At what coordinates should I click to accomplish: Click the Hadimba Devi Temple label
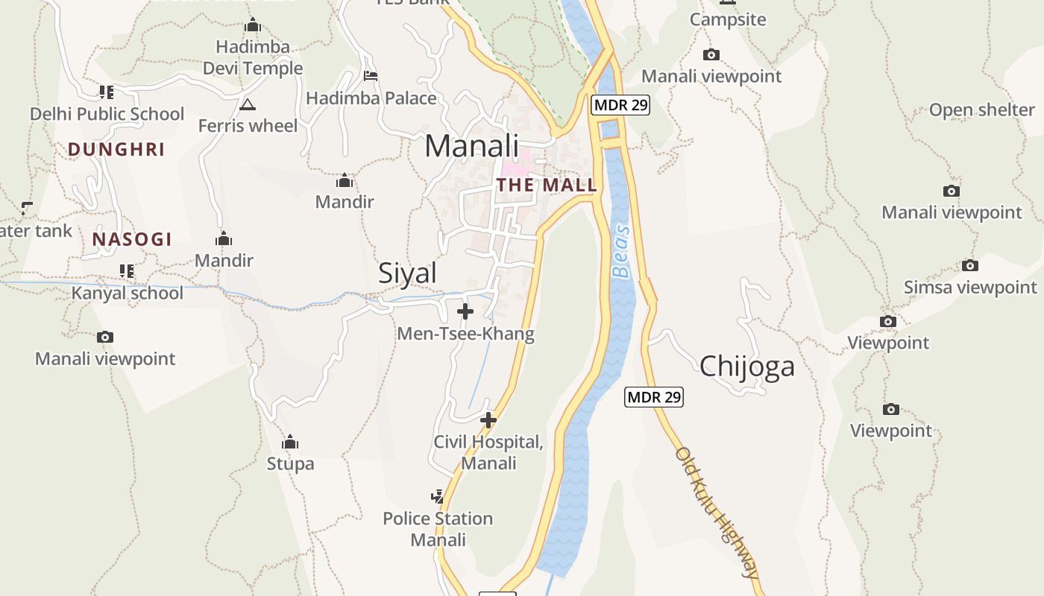[x=253, y=57]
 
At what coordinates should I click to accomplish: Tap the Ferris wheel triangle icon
[x=248, y=104]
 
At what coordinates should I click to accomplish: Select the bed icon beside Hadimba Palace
[x=371, y=76]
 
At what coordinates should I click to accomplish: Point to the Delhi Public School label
[x=107, y=114]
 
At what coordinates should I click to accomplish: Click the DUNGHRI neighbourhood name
[x=116, y=149]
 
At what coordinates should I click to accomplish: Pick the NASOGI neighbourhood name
[x=132, y=239]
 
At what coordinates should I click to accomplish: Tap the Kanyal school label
[x=127, y=293]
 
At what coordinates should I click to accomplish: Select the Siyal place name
[x=407, y=273]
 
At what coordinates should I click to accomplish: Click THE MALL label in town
[x=547, y=185]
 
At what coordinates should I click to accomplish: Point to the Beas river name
[x=620, y=251]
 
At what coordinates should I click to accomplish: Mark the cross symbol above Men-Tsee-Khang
[x=465, y=311]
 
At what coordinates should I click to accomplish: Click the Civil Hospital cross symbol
[x=488, y=420]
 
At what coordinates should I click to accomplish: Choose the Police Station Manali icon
[x=438, y=496]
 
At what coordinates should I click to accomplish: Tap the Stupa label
[x=290, y=463]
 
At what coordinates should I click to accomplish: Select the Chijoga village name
[x=746, y=367]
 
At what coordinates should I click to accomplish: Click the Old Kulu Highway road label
[x=717, y=513]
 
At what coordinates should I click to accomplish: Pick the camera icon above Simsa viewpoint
[x=969, y=265]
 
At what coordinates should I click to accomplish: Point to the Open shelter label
[x=981, y=110]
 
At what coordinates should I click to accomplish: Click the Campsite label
[x=728, y=19]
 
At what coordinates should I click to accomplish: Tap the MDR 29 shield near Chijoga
[x=653, y=397]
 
